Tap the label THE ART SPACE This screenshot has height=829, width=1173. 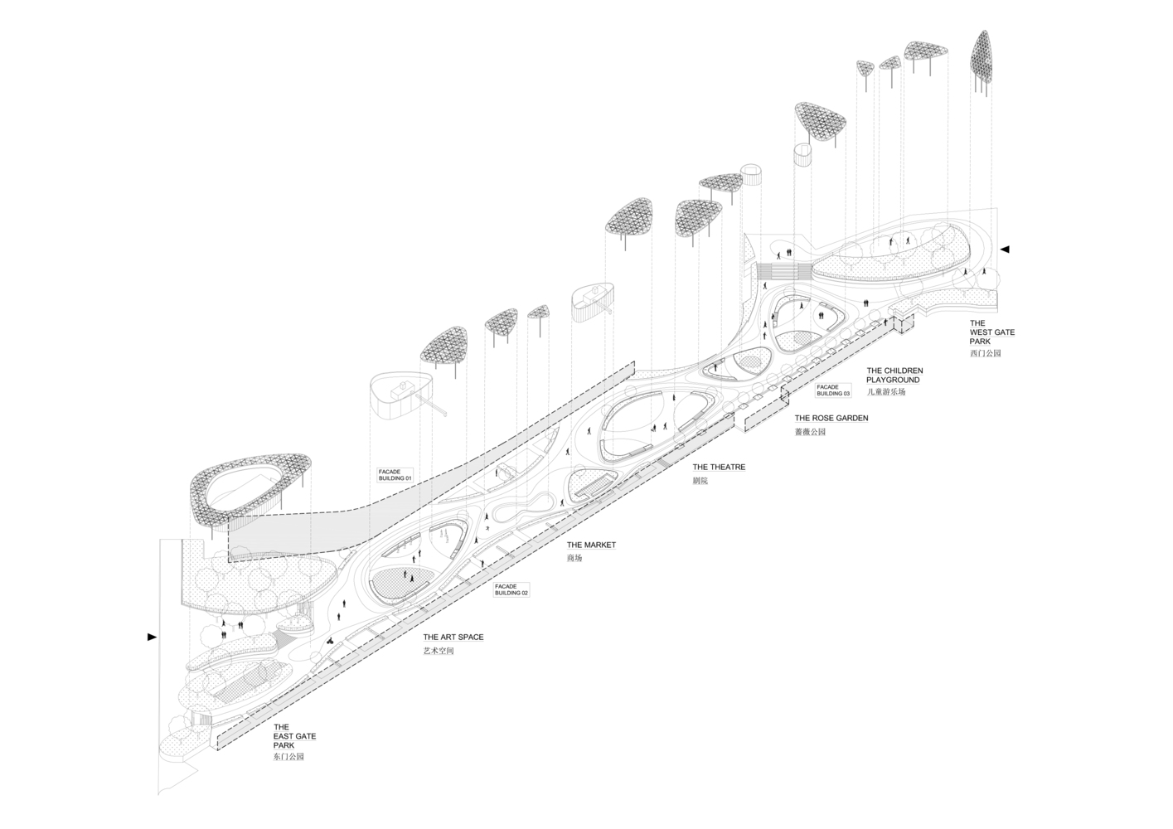coord(453,638)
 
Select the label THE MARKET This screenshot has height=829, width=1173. coord(591,545)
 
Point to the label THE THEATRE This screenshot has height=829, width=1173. coord(719,468)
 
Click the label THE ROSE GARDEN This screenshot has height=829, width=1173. coord(831,419)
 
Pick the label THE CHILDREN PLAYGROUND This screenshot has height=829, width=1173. coord(894,375)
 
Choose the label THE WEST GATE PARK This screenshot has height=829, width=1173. coord(991,332)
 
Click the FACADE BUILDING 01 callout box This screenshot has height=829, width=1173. coord(395,475)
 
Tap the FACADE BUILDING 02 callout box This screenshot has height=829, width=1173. coord(511,589)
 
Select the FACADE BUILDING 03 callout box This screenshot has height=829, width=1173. coord(833,390)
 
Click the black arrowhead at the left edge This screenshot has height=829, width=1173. coord(152,637)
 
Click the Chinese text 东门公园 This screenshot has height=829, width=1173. coord(288,757)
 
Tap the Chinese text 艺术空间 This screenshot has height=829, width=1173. coord(439,652)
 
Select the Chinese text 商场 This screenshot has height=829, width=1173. coord(574,559)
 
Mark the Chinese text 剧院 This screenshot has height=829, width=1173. coord(700,481)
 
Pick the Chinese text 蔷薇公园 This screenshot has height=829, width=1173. coord(810,432)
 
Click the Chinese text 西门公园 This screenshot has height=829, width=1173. coord(985,353)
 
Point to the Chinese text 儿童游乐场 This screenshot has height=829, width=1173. coord(886,391)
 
